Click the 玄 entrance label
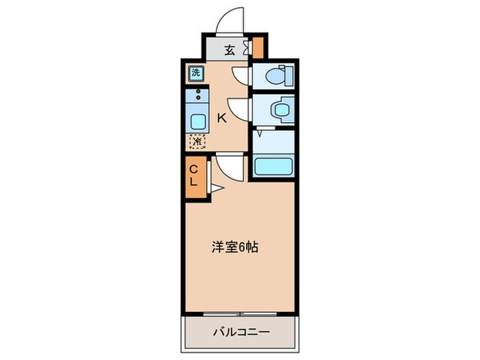[230, 49]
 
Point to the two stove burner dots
[199, 94]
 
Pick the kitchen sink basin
[197, 122]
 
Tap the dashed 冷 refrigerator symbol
[196, 142]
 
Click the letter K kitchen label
[221, 118]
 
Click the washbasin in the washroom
[280, 109]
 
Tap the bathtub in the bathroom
[274, 166]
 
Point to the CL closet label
[193, 175]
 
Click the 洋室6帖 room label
[234, 248]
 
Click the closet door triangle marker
[215, 187]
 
